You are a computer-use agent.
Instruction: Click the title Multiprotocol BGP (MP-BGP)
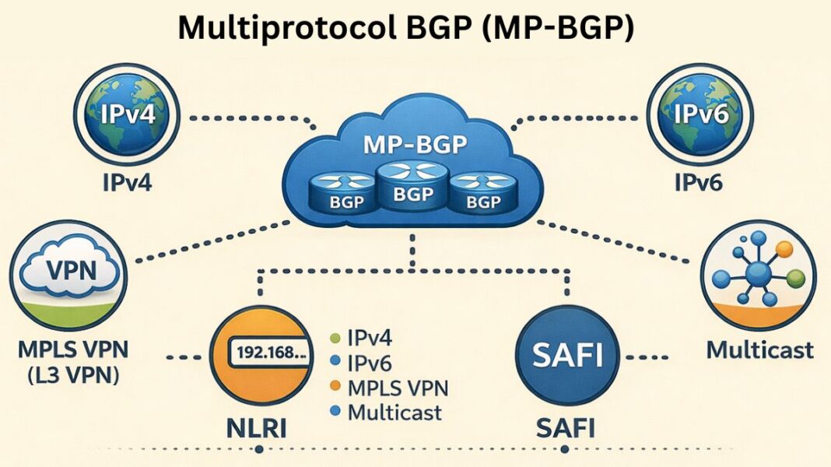click(x=406, y=28)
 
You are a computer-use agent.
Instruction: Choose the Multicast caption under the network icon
click(x=759, y=349)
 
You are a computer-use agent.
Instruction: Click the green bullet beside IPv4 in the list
click(x=335, y=339)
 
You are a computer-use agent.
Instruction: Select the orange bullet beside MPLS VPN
click(x=335, y=387)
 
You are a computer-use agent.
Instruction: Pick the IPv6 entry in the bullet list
click(x=370, y=363)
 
